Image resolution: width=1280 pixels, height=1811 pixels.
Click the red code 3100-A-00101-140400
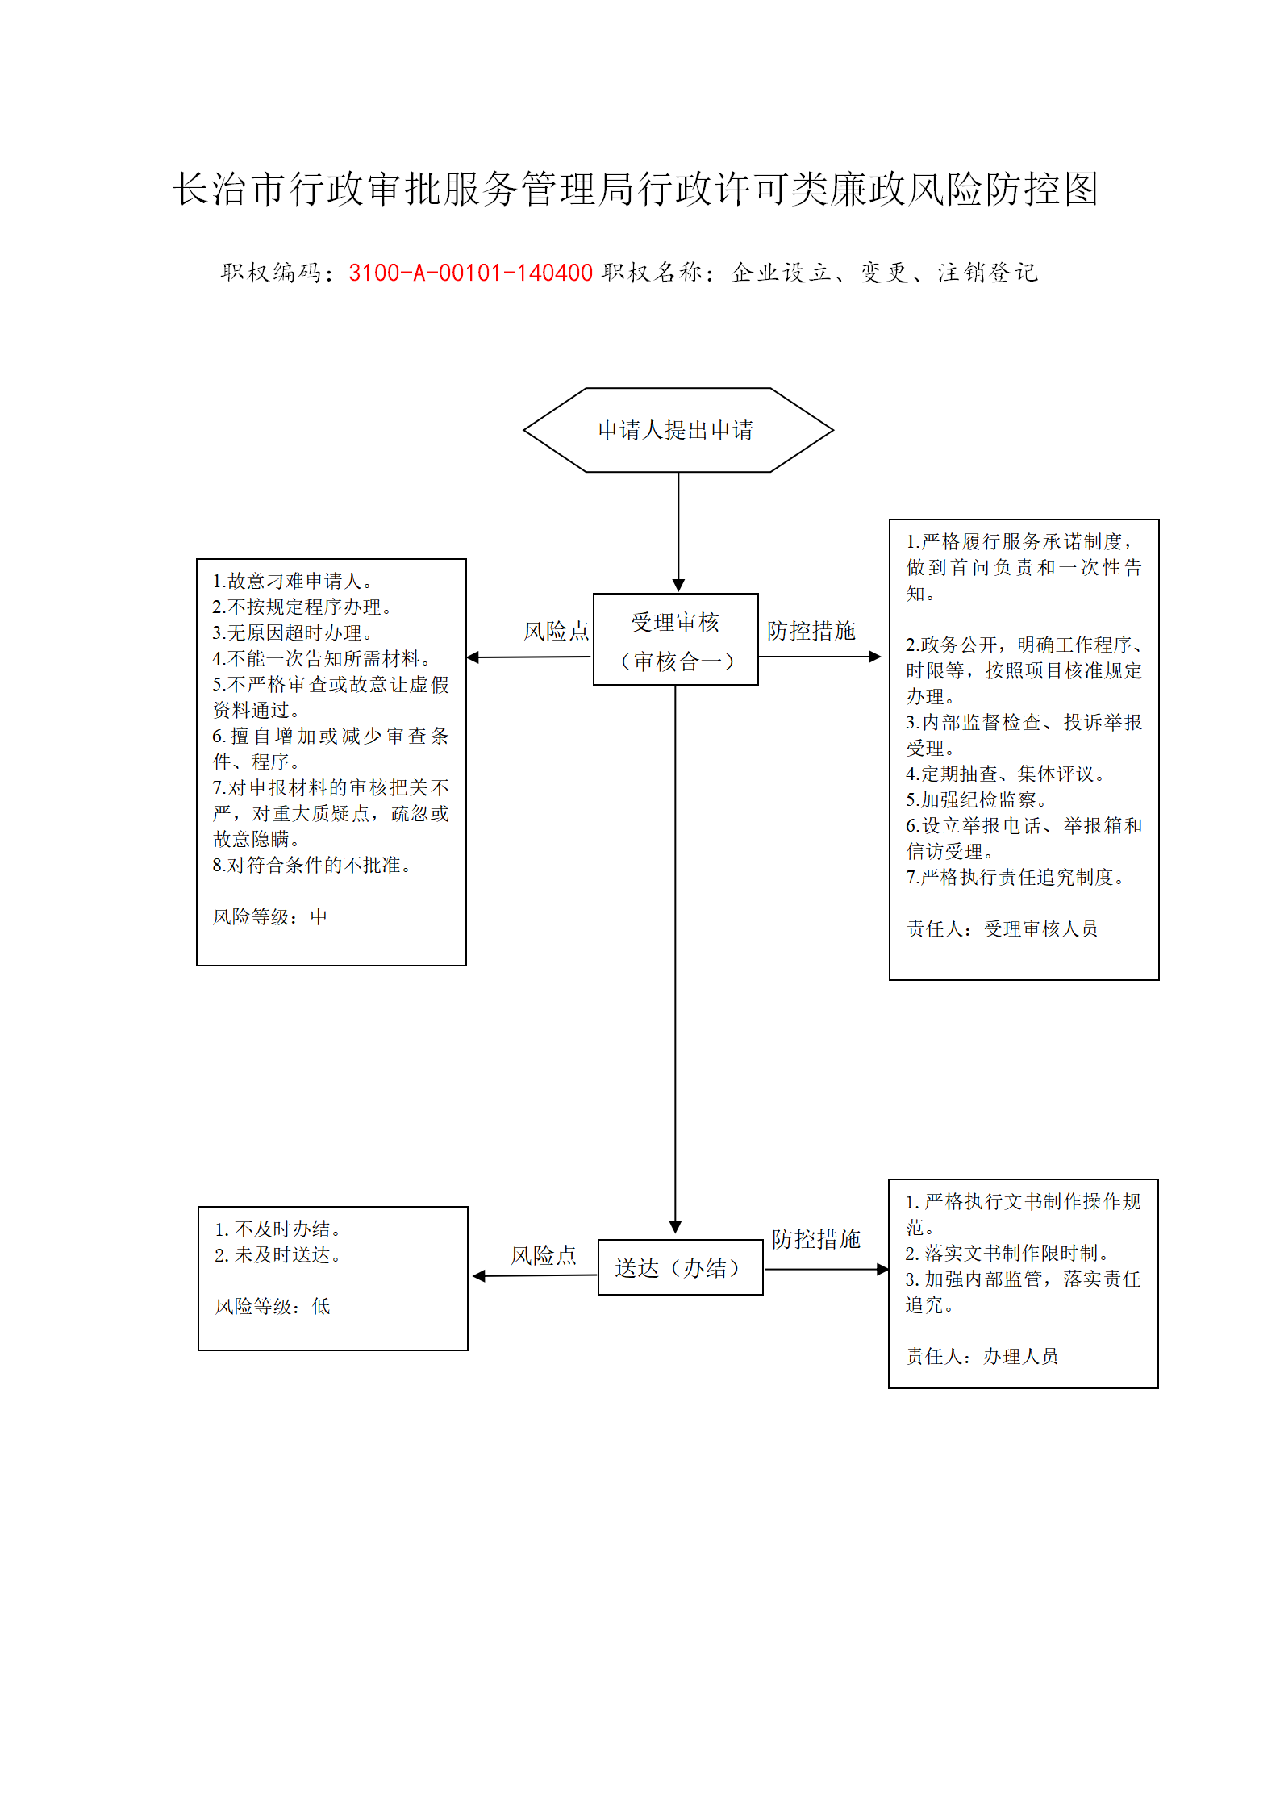(470, 273)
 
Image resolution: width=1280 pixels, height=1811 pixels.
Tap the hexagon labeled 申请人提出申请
(678, 430)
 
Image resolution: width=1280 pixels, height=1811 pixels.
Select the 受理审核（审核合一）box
(676, 640)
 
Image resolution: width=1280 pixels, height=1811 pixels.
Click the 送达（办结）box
(680, 1267)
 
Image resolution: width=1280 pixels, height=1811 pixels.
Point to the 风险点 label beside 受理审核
(556, 631)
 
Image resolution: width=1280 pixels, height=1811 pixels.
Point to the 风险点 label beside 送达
(543, 1255)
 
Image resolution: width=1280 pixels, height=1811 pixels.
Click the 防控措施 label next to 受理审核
(811, 631)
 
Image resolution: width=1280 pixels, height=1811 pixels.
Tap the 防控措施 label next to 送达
(815, 1239)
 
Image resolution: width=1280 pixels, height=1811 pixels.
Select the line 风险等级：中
(270, 916)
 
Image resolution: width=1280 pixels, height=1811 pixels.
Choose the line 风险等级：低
(273, 1306)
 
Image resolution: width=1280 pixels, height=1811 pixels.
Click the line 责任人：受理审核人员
(1002, 928)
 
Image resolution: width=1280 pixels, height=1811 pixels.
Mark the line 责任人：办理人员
(982, 1356)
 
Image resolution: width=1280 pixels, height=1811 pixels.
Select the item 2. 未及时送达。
(279, 1254)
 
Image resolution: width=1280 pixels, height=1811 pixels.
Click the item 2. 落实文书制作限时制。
(1009, 1253)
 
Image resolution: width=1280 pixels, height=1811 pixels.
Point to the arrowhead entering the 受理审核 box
(678, 586)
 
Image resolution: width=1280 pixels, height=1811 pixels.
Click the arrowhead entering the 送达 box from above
(676, 1227)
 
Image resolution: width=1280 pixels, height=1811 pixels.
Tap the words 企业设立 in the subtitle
(782, 273)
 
